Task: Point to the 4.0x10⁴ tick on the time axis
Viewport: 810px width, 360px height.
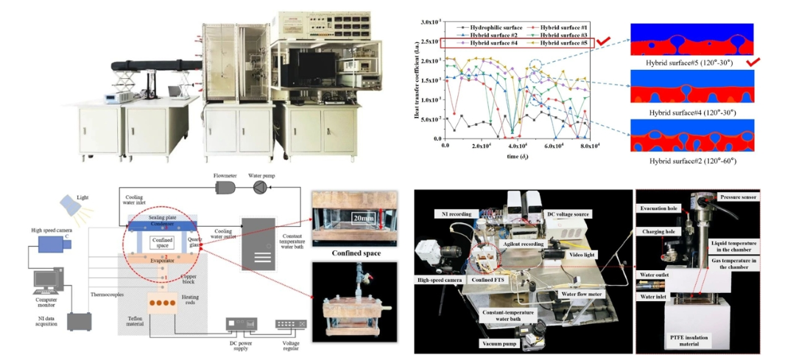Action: [521, 145]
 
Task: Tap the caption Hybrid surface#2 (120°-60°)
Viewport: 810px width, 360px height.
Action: [691, 160]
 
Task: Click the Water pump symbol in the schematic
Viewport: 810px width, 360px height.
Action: [261, 188]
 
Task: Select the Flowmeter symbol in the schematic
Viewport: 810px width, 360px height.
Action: [225, 188]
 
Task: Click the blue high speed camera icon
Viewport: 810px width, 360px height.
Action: [49, 247]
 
